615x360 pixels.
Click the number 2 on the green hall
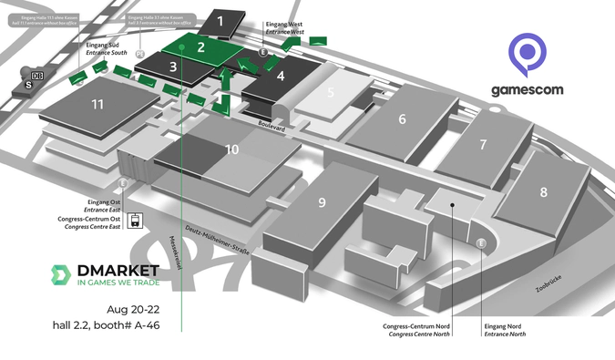pyautogui.click(x=200, y=47)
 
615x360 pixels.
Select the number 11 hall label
pyautogui.click(x=97, y=105)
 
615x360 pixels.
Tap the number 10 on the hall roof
pyautogui.click(x=232, y=149)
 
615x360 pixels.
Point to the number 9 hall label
pyautogui.click(x=322, y=203)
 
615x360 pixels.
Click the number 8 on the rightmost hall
pyautogui.click(x=544, y=192)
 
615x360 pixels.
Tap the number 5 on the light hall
pyautogui.click(x=332, y=92)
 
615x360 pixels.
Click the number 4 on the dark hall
pyautogui.click(x=282, y=77)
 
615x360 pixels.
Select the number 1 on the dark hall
pyautogui.click(x=220, y=19)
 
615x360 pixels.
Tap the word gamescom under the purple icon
pyautogui.click(x=527, y=90)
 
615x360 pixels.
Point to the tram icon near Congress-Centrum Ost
pyautogui.click(x=134, y=220)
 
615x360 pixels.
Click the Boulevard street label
pyautogui.click(x=271, y=129)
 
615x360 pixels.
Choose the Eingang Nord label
pyautogui.click(x=501, y=325)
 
